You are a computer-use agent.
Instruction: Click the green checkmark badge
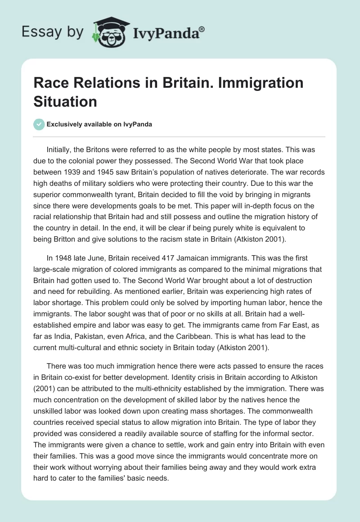[x=39, y=124]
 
